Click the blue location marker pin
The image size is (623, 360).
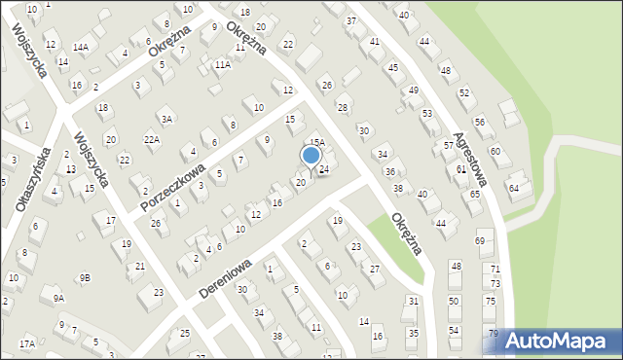click(x=311, y=156)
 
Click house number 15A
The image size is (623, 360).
click(x=317, y=142)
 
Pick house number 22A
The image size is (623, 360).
click(x=151, y=140)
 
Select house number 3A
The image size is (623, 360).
click(x=167, y=119)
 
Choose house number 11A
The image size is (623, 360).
click(x=223, y=64)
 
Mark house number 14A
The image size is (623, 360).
click(x=82, y=47)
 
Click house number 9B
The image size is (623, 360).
click(x=86, y=278)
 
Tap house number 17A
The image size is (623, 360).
click(x=26, y=343)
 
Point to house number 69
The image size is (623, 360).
click(x=480, y=241)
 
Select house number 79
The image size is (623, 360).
click(x=494, y=335)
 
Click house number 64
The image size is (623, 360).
click(x=514, y=187)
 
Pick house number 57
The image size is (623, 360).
click(x=449, y=146)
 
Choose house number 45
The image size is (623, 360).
click(x=393, y=68)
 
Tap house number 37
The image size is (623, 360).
click(x=351, y=20)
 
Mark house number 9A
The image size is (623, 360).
click(x=58, y=298)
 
